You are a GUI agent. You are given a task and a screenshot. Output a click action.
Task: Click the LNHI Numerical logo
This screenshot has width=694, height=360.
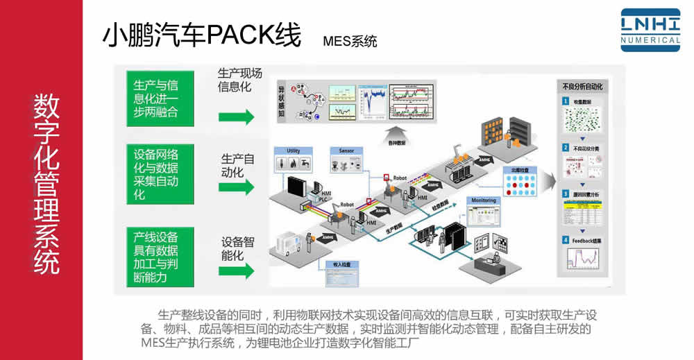coord(650,30)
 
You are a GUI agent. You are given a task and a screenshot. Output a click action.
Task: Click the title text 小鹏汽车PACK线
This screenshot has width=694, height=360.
coord(201,35)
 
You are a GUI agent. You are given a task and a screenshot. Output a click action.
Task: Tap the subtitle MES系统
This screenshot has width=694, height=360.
coord(350,41)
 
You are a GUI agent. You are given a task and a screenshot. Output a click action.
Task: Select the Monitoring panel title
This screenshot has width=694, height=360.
coord(484,200)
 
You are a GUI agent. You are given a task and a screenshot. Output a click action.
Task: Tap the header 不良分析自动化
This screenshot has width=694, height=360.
coord(582,87)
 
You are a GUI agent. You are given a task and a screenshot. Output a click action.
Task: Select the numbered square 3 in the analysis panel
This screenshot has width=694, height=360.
coord(566,194)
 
